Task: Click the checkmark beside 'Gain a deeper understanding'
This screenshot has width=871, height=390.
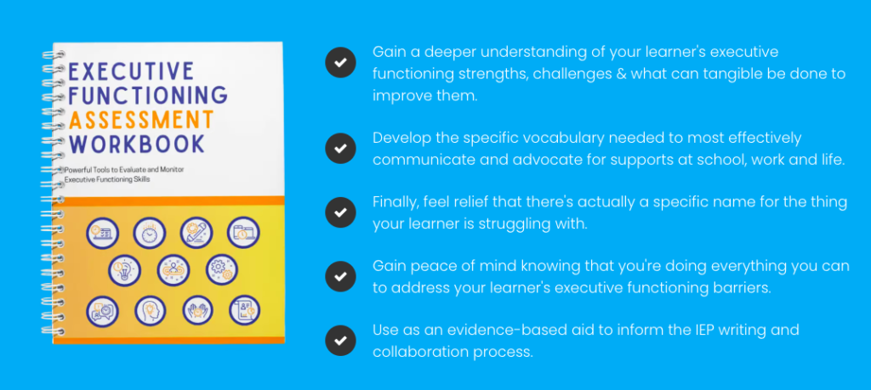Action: point(340,63)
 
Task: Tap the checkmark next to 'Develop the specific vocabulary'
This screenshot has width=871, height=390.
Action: point(340,149)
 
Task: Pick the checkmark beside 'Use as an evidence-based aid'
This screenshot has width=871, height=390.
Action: point(340,340)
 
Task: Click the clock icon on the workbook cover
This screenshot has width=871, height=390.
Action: point(150,232)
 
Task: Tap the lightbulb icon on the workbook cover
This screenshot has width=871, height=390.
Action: point(125,270)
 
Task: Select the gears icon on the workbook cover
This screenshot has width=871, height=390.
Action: point(222,270)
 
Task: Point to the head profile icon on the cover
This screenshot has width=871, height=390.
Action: point(150,310)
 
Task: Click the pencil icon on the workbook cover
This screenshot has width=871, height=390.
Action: point(196,232)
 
